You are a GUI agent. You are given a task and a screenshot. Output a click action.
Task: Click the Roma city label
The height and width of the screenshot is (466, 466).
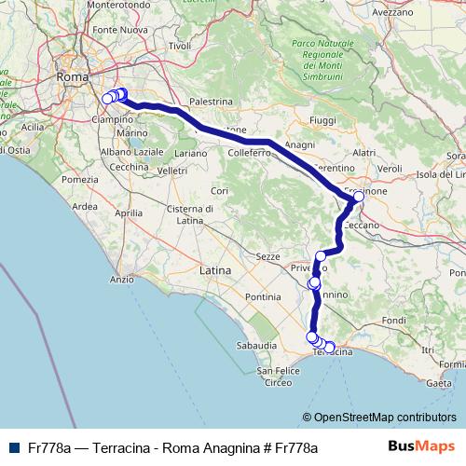tap(72, 77)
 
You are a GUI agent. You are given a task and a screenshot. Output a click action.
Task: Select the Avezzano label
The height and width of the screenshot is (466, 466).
tap(391, 14)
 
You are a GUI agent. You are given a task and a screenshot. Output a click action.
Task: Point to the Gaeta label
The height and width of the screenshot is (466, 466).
tap(438, 382)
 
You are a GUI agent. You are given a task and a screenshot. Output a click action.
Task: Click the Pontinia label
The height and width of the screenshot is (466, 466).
tap(263, 296)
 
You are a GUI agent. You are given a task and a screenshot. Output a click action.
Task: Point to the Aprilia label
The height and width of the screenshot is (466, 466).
tap(129, 212)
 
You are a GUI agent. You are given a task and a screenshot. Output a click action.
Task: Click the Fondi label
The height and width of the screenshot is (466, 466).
tap(393, 321)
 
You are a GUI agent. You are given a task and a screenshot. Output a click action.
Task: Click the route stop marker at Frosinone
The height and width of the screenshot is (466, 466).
tap(359, 197)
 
